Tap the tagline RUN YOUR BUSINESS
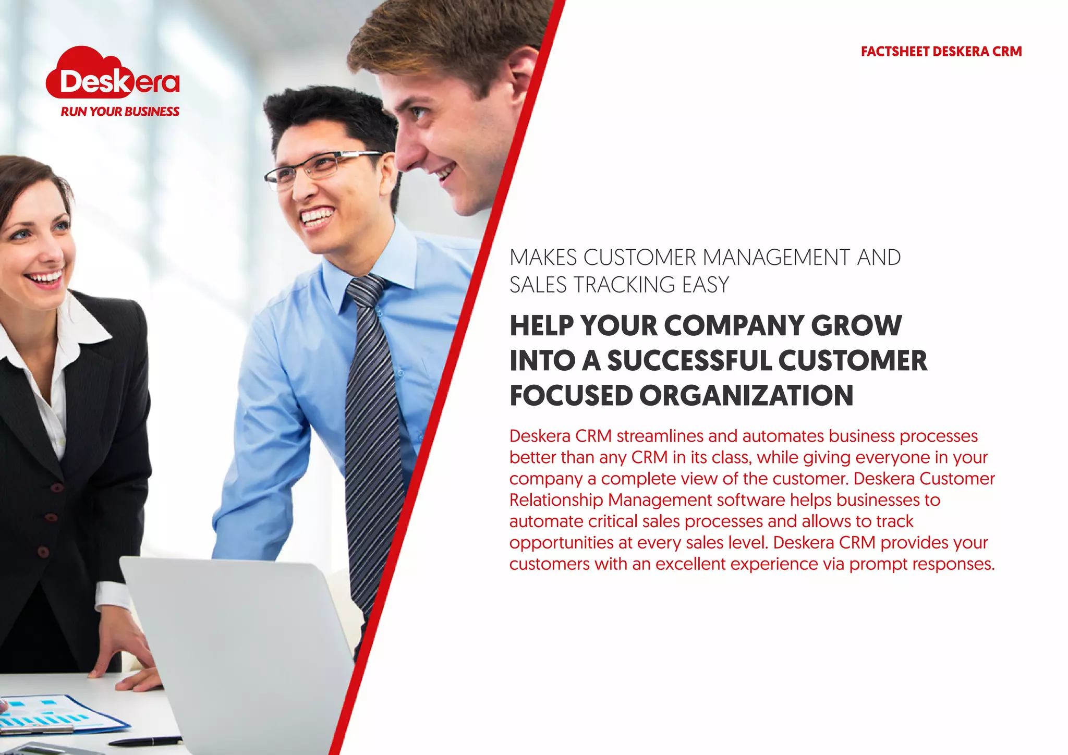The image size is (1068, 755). click(120, 112)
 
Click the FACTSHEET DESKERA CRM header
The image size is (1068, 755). click(941, 52)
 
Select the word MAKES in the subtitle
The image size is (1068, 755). click(543, 258)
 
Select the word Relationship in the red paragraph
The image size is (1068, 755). click(556, 500)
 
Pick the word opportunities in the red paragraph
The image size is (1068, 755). click(561, 543)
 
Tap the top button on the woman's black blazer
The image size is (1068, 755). click(57, 488)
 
